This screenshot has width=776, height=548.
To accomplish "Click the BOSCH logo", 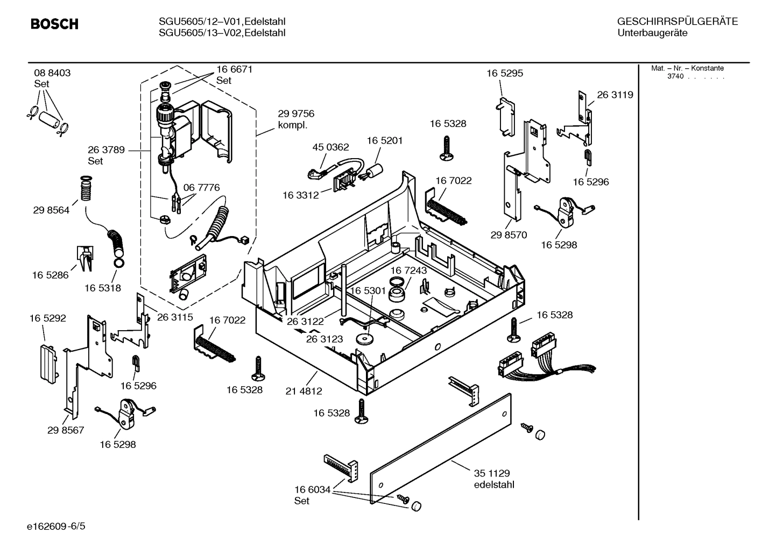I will (x=54, y=24).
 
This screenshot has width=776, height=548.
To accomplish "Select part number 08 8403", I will (x=52, y=73).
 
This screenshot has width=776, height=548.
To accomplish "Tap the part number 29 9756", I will (x=296, y=114).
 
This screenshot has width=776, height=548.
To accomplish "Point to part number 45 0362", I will (x=330, y=147).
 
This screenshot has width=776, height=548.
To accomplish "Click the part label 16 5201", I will (x=385, y=140).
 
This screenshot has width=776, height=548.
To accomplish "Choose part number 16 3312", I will (x=301, y=195).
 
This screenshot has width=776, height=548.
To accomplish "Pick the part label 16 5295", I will (x=505, y=73).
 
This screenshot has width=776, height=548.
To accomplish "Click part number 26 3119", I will (x=615, y=95).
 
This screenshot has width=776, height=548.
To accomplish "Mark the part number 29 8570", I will (x=509, y=235).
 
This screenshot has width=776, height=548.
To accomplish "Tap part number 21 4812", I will (x=304, y=391).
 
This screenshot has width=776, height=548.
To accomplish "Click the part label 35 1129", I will (x=492, y=473).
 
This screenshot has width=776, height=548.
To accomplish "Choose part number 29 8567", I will (x=66, y=430).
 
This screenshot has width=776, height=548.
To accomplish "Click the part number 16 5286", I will (x=51, y=275).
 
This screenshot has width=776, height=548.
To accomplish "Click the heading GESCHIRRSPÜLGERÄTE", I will (x=677, y=22).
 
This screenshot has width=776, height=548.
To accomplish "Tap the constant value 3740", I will (x=675, y=76).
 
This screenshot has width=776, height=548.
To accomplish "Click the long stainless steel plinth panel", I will (x=441, y=449).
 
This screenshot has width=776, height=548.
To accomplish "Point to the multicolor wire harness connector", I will (x=544, y=355).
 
